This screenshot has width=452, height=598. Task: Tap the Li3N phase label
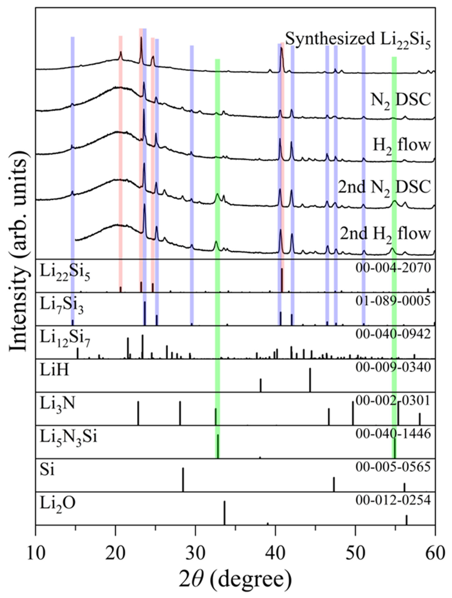point(57,405)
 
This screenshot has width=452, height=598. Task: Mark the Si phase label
point(47,470)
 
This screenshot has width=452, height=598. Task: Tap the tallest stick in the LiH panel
point(310,380)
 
